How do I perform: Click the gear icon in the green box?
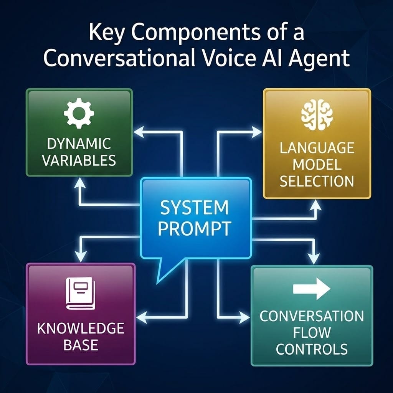(x=79, y=113)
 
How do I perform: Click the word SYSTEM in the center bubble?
(x=194, y=208)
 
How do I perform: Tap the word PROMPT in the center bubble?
(x=194, y=229)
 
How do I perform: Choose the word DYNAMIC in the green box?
(x=79, y=144)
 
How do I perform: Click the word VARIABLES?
(x=79, y=160)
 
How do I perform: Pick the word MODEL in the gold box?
(x=317, y=165)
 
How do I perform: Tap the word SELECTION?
(x=317, y=181)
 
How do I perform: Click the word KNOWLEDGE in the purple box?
(x=81, y=329)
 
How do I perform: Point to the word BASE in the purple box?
(x=81, y=345)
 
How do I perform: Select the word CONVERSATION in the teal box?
(x=312, y=316)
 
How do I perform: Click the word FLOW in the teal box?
(x=312, y=333)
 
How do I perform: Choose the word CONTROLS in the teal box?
(x=312, y=349)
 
